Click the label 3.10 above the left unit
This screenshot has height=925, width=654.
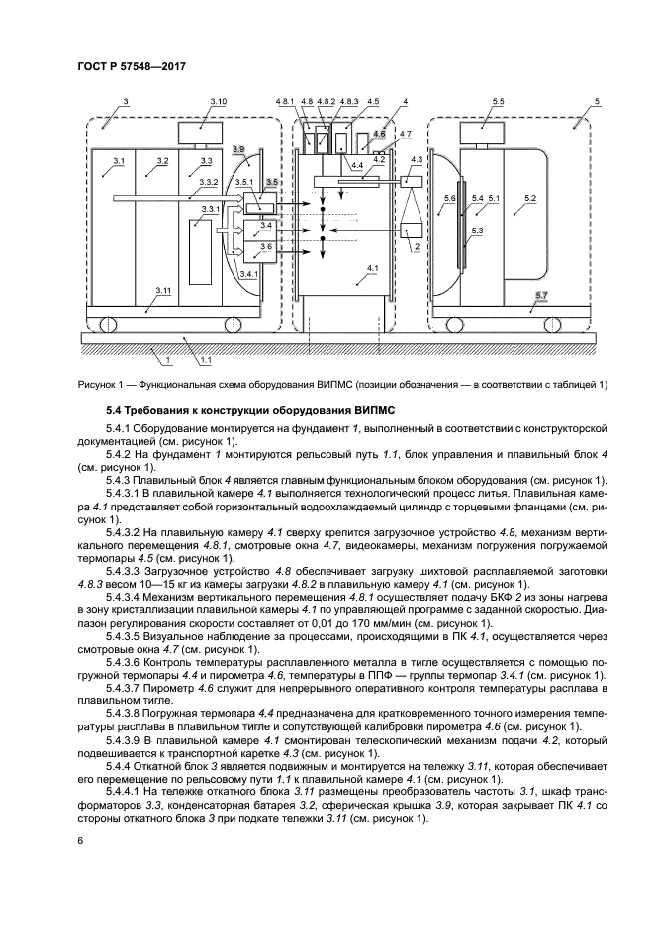tap(219, 102)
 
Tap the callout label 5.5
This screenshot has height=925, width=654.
tap(498, 102)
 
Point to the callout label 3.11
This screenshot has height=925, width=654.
tap(164, 290)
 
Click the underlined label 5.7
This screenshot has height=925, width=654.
tap(539, 296)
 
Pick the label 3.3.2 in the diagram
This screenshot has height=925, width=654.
tap(208, 183)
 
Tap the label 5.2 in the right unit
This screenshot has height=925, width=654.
tap(530, 199)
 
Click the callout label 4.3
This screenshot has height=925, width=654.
tap(417, 159)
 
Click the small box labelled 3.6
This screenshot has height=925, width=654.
tap(265, 246)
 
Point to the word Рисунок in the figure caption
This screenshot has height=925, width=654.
tap(98, 384)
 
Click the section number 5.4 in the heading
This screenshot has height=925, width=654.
tap(117, 409)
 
